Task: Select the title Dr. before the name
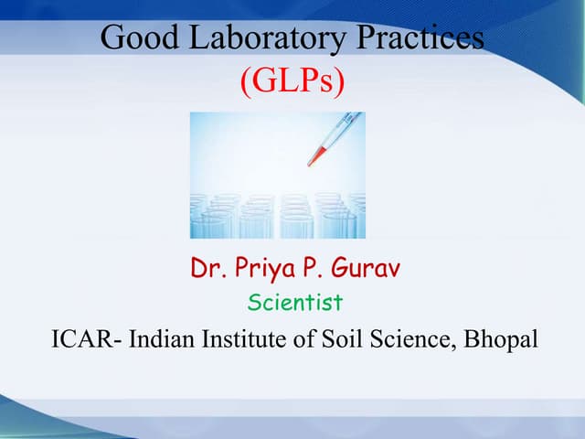click(207, 269)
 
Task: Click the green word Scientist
click(294, 302)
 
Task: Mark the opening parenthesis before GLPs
click(245, 82)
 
